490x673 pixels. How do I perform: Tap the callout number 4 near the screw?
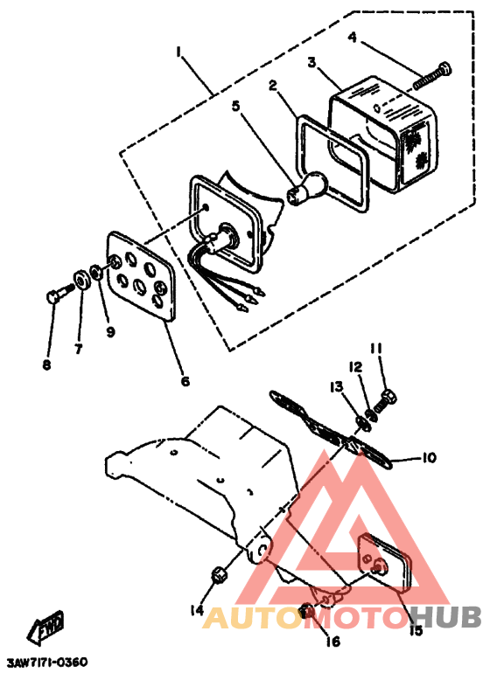click(x=352, y=38)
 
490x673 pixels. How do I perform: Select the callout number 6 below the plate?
click(x=185, y=380)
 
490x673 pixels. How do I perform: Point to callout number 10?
click(x=429, y=458)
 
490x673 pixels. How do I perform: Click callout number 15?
click(x=416, y=628)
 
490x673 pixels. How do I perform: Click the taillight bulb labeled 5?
click(x=309, y=186)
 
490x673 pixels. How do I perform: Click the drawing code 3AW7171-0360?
click(x=47, y=663)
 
